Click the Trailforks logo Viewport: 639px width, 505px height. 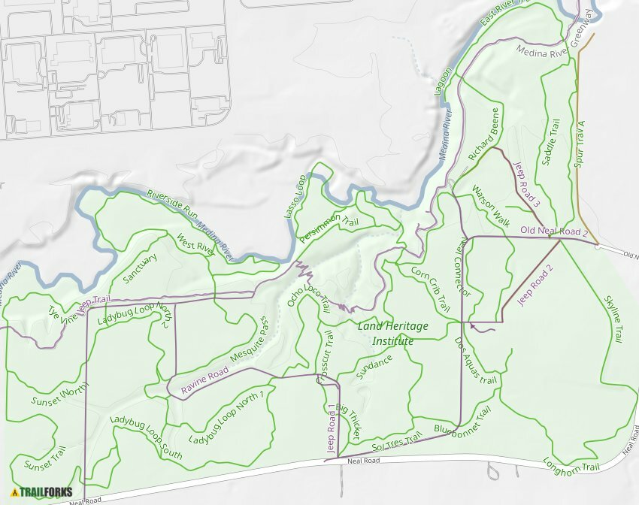42,494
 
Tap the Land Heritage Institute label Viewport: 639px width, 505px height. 392,334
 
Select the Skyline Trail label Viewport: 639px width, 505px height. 613,319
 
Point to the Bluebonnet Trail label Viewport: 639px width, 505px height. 462,421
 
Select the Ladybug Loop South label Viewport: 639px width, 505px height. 145,437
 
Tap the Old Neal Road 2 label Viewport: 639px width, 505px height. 553,231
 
